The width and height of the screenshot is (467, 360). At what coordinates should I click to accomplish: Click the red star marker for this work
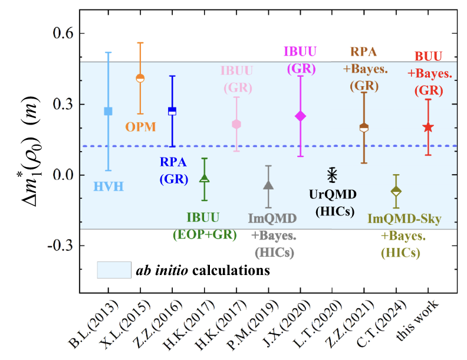(x=428, y=127)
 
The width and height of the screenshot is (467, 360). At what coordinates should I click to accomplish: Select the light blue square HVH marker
(x=108, y=111)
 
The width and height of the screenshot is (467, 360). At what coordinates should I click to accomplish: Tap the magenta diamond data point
(x=300, y=116)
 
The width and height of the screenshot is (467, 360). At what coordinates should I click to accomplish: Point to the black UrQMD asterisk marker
(x=332, y=175)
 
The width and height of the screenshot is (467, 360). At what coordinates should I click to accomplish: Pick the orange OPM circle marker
(x=140, y=78)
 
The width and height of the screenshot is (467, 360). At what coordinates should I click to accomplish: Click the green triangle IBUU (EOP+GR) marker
(x=204, y=178)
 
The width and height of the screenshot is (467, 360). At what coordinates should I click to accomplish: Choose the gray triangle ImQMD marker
(x=268, y=185)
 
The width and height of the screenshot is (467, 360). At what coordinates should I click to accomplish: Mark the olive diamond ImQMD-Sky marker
(x=396, y=191)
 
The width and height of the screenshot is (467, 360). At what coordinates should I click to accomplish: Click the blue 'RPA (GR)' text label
(x=173, y=169)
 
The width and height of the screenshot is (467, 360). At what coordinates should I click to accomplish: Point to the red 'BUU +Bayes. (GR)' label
(x=429, y=74)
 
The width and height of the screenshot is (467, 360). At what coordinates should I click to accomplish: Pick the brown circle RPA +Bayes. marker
(x=364, y=127)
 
